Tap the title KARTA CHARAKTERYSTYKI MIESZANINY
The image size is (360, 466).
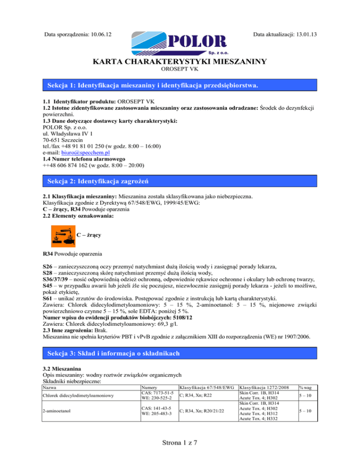[x=180, y=61]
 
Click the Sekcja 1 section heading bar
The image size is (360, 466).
[x=180, y=86]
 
